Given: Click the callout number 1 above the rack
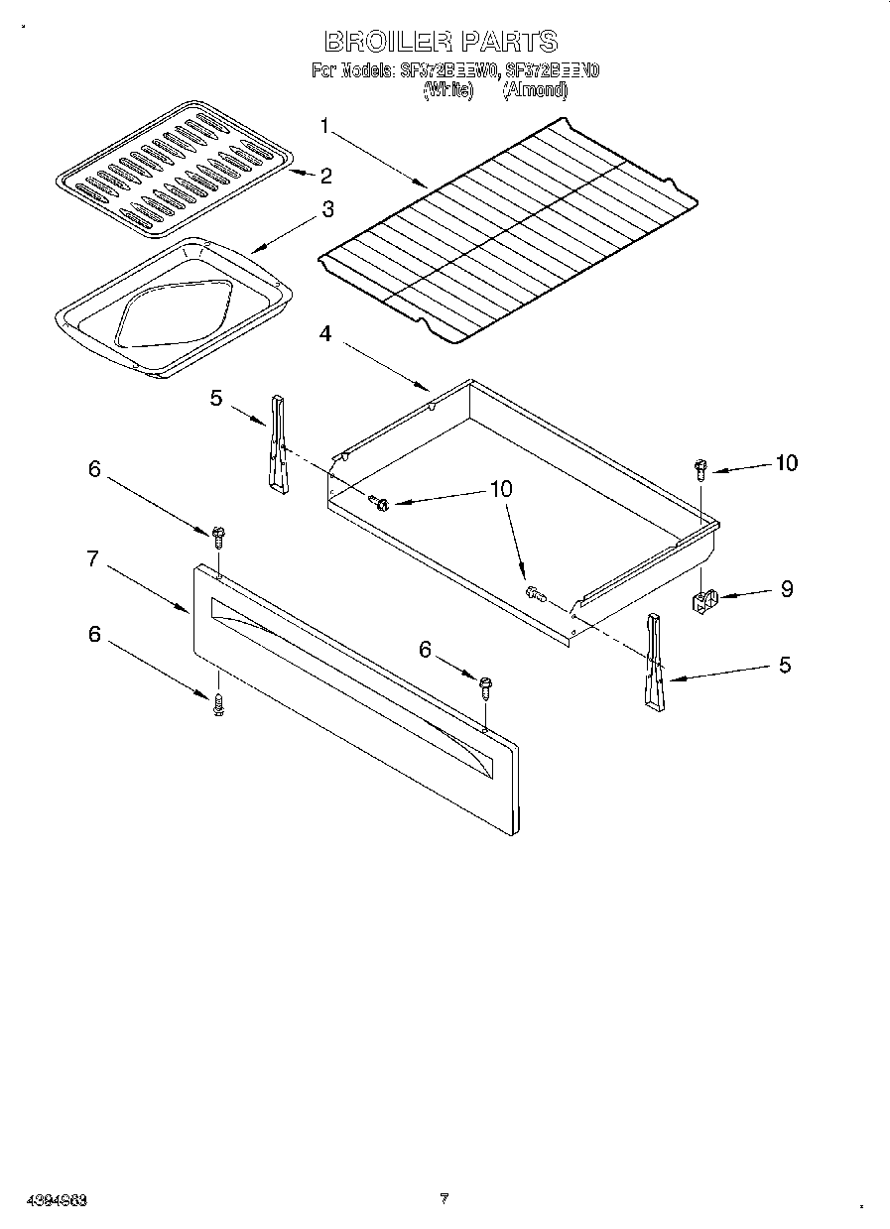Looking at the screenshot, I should tap(323, 125).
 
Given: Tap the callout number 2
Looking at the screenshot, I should tap(325, 176).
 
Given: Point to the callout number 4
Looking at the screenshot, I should tap(324, 333).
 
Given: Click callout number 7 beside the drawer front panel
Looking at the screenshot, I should tap(92, 558).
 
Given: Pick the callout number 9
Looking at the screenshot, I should tap(786, 589).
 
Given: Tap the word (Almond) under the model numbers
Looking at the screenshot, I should tap(535, 89).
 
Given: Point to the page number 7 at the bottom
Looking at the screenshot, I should tap(445, 1198).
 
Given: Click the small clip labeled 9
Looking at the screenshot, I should tap(703, 600).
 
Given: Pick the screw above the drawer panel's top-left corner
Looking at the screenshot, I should tap(218, 537).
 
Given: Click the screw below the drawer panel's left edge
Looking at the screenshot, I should tap(218, 703).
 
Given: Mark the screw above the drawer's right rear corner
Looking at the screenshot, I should tap(700, 467).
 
